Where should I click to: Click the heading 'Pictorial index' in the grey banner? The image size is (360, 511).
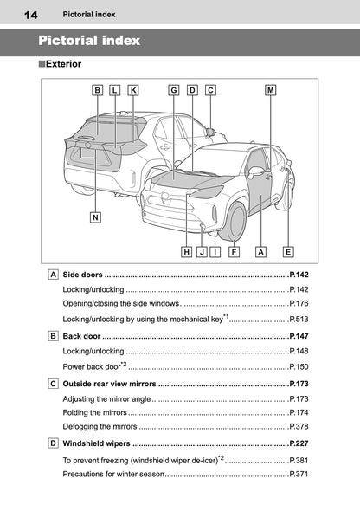tap(89, 41)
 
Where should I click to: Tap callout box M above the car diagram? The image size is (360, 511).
tap(271, 90)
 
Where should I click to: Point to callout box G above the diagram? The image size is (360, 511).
tap(174, 90)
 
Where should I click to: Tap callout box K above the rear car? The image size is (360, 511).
tap(132, 90)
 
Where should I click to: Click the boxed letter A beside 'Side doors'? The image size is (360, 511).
tap(54, 275)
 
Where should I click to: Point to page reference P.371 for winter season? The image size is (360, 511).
tap(299, 475)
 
